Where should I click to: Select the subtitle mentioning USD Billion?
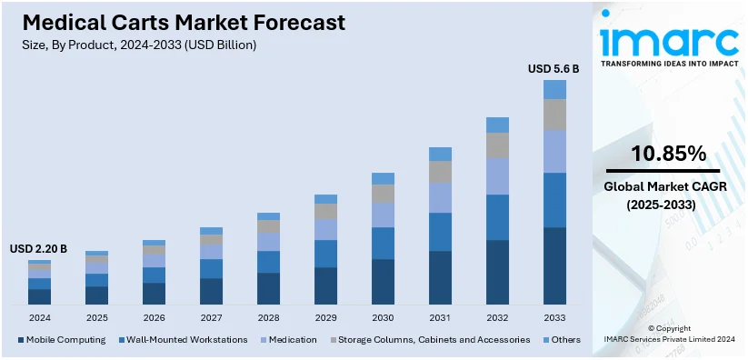point(136,45)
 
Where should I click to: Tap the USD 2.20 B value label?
point(38,248)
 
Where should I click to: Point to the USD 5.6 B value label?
point(554,68)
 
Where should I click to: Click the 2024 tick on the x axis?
point(39,318)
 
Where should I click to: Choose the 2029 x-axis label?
point(325,318)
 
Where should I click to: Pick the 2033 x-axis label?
point(554,318)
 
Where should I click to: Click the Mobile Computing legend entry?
point(56,339)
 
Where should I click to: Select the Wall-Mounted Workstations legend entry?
point(183,339)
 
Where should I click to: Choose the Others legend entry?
point(561,339)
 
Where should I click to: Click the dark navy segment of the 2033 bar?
point(554,265)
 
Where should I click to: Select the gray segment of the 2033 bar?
point(554,114)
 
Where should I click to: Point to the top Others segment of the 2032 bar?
point(497,125)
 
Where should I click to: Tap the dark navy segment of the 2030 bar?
point(383,281)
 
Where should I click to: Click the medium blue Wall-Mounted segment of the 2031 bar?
point(440,232)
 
